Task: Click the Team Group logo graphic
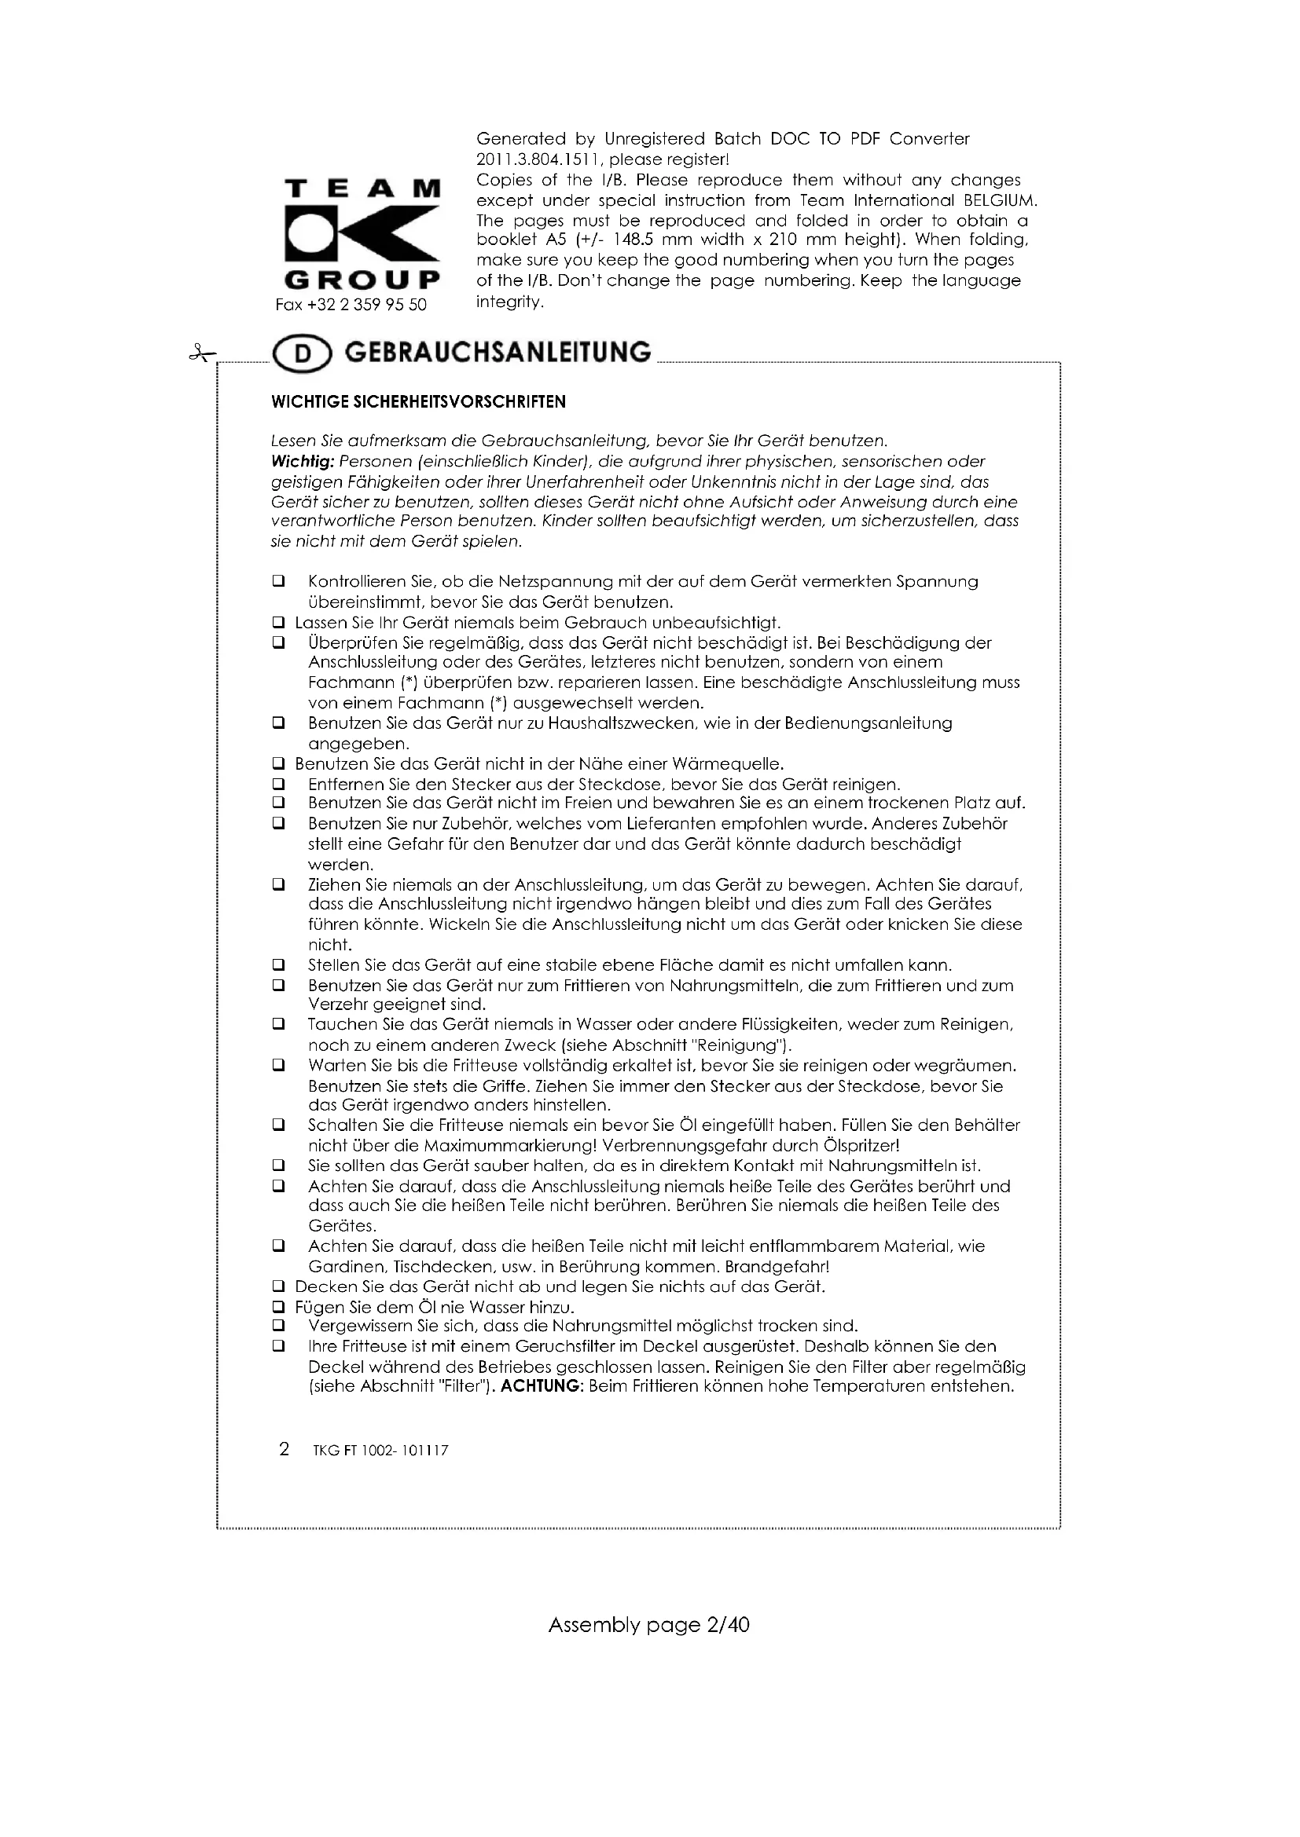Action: pos(362,234)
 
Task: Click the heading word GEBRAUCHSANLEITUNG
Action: pos(498,353)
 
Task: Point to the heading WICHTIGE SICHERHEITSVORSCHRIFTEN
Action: pos(419,402)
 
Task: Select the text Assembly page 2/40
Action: pos(648,1625)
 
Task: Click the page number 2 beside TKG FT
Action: pos(284,1449)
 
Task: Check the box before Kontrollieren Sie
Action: pos(278,582)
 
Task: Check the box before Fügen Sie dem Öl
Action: pos(278,1308)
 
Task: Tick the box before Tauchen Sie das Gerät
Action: pos(278,1025)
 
